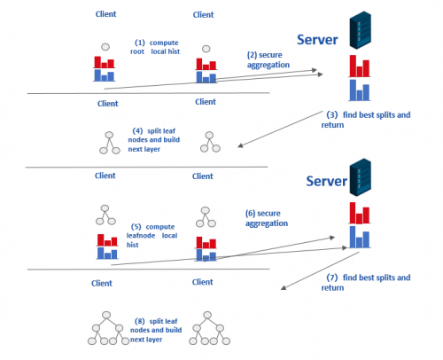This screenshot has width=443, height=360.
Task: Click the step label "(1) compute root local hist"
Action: coord(155,47)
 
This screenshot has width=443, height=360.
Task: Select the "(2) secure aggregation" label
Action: coord(268,59)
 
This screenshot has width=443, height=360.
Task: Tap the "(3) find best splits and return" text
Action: coord(366,120)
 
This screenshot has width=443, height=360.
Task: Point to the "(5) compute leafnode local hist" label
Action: coord(152,236)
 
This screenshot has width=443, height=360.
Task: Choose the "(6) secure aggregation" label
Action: coord(267,218)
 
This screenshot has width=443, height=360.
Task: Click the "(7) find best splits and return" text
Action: coord(366,282)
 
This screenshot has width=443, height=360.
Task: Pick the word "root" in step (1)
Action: coord(137,51)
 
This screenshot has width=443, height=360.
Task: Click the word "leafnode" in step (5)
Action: coord(141,236)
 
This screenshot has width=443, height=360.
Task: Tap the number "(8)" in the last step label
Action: coord(140,321)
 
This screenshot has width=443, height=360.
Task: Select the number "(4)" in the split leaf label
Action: coord(137,130)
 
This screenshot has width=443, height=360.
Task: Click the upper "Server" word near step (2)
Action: coord(317,40)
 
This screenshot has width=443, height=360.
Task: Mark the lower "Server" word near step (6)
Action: coord(326,181)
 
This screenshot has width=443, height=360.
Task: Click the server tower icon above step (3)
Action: coord(361,30)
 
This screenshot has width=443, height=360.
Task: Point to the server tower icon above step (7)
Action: coord(361,177)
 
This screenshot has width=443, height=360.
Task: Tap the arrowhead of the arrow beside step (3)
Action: coord(240,145)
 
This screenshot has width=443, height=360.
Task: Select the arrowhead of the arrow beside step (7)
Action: coord(283,287)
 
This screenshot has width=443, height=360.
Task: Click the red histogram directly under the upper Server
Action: coord(360,66)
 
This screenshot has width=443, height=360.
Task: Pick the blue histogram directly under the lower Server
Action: coord(360,237)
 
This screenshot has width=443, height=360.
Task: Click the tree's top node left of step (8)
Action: coord(106,315)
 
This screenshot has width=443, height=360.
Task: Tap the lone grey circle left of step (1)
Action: coord(105,47)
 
